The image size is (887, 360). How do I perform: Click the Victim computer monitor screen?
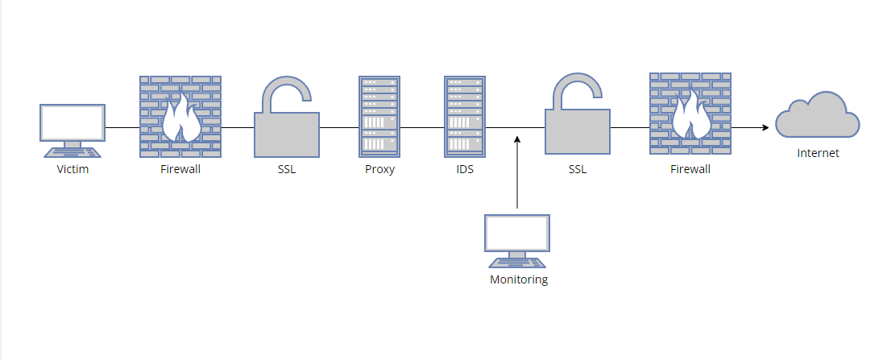pyautogui.click(x=73, y=123)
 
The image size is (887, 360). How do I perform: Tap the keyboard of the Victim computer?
pyautogui.click(x=73, y=152)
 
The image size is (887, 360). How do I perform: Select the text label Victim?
pyautogui.click(x=73, y=170)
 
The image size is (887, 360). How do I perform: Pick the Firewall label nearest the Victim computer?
pyautogui.click(x=180, y=170)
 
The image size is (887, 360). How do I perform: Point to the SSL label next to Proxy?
pyautogui.click(x=287, y=170)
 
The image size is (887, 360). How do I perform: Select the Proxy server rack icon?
pyautogui.click(x=379, y=116)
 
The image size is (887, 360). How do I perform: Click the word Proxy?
pyautogui.click(x=379, y=170)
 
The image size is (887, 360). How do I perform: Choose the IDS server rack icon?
pyautogui.click(x=465, y=116)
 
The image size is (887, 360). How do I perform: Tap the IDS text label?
pyautogui.click(x=465, y=170)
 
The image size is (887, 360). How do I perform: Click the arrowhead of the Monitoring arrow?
pyautogui.click(x=517, y=140)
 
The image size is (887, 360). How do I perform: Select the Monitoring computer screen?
pyautogui.click(x=517, y=234)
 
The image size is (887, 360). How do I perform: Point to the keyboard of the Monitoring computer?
pyautogui.click(x=517, y=263)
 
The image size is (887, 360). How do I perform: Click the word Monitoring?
pyautogui.click(x=519, y=280)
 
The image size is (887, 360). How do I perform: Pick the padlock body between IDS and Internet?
pyautogui.click(x=577, y=131)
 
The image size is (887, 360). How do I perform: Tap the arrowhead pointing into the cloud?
pyautogui.click(x=765, y=127)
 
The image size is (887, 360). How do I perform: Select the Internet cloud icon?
pyautogui.click(x=817, y=118)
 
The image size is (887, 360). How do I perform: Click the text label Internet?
pyautogui.click(x=818, y=153)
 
